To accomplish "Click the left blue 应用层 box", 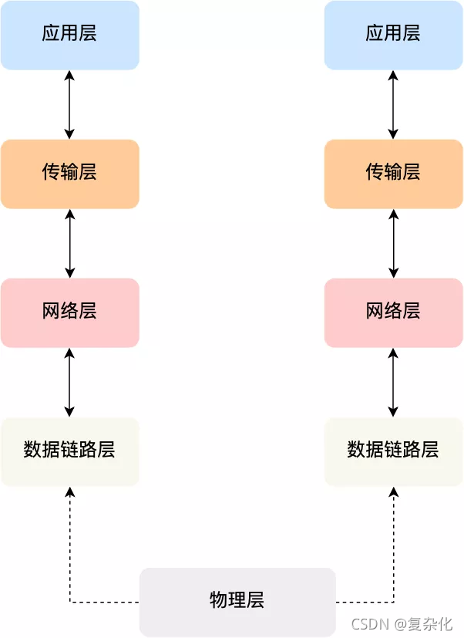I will pos(69,35).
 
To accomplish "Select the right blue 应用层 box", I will pos(393,35).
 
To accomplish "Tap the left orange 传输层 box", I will pos(69,173).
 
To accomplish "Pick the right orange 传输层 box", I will pos(393,173).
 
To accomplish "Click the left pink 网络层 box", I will pos(69,312).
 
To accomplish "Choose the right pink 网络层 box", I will pos(393,312).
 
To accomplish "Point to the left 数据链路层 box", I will pos(69,451).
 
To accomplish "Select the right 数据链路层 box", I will pos(393,451).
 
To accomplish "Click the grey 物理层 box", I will pos(237,601).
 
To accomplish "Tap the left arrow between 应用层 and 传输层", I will pos(70,104).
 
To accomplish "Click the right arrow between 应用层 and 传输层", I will pos(394,104).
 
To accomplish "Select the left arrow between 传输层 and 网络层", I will pos(70,243).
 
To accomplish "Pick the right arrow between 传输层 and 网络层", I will pos(394,243).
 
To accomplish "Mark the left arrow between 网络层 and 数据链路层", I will pos(70,382).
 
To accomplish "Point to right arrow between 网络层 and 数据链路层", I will pos(394,382).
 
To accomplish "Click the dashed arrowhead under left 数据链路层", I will pos(70,491).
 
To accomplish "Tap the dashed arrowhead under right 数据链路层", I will pos(394,491).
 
